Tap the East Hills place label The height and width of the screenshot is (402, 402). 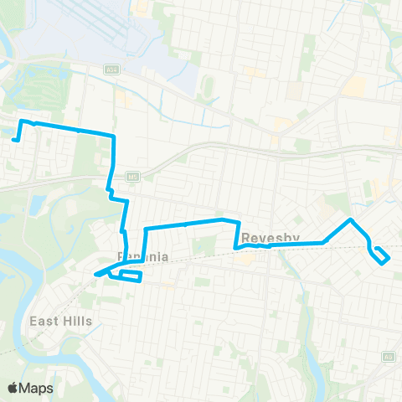point(61,321)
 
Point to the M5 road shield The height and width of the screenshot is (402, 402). point(131,177)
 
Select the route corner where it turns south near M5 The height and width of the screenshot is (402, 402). point(114,136)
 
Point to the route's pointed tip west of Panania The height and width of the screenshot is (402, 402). point(95,274)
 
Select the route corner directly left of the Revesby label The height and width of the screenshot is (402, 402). point(235,248)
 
